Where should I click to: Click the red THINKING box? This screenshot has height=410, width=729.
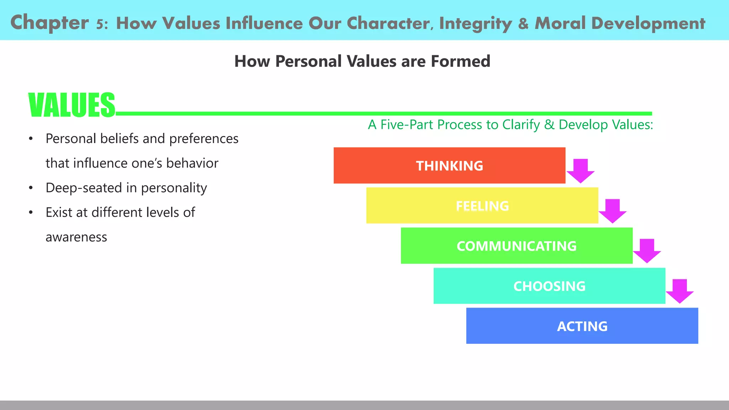449,165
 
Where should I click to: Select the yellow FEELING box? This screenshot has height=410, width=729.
482,206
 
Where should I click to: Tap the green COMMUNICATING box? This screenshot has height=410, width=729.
516,246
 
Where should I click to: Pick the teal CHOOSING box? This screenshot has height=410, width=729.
549,286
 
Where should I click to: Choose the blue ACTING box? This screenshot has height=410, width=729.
582,326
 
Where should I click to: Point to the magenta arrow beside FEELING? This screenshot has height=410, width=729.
613,211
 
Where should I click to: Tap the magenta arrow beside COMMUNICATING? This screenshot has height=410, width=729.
647,251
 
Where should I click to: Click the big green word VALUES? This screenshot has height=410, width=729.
72,105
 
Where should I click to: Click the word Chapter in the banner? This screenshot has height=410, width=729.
49,22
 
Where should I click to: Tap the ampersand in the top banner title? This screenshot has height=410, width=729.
523,23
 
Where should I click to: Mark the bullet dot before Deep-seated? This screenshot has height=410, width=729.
31,188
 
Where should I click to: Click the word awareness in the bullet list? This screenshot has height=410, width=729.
76,237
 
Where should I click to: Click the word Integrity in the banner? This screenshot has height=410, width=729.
475,23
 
